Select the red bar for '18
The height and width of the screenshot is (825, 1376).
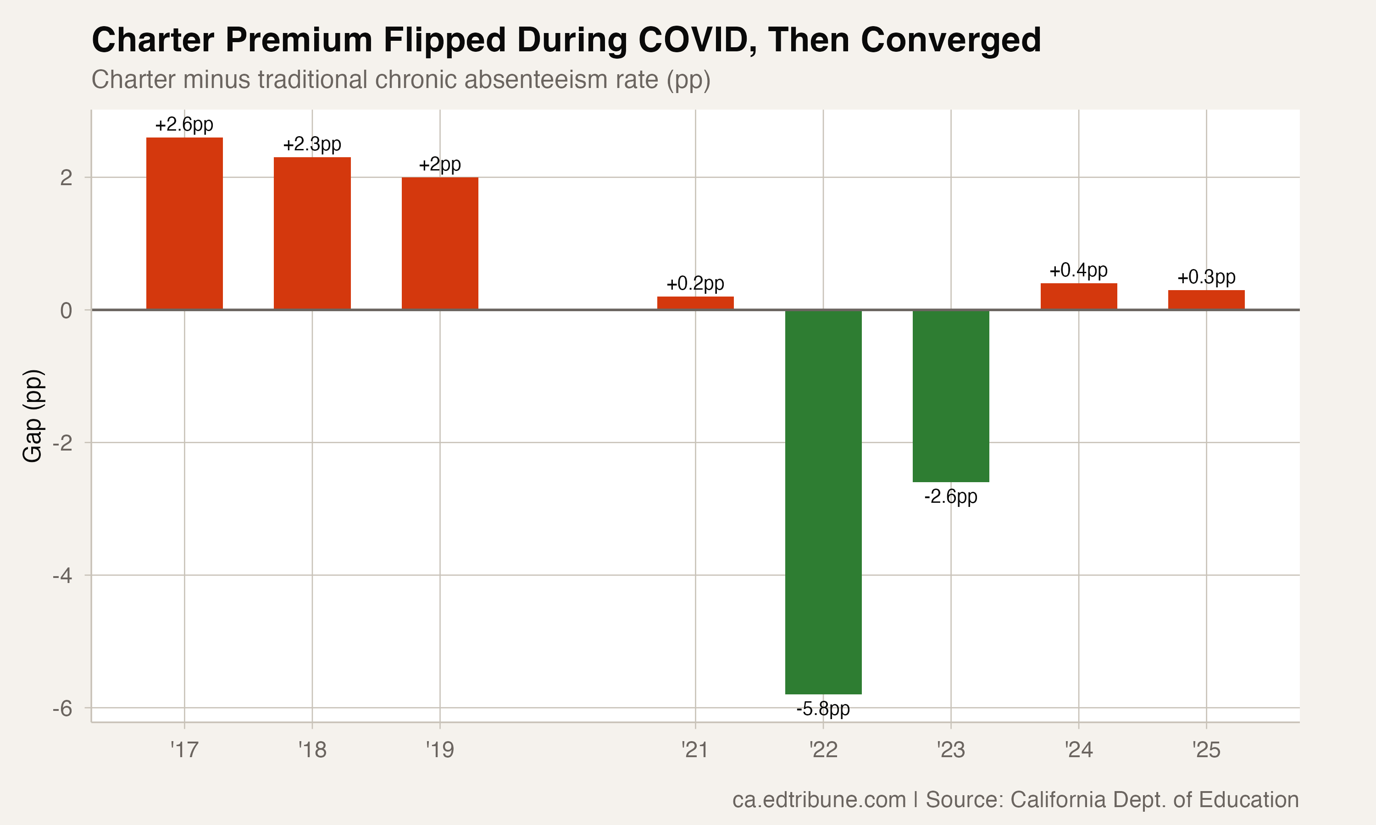point(312,233)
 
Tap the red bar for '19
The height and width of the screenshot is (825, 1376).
point(440,243)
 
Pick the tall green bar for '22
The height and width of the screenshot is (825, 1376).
point(823,501)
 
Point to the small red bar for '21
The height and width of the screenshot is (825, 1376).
point(695,303)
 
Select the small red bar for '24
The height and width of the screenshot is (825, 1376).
point(1078,296)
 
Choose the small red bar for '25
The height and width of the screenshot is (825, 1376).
point(1206,300)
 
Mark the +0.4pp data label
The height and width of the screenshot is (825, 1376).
point(1078,271)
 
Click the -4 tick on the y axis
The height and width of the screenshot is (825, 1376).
point(63,575)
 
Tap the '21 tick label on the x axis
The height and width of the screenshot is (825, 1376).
point(695,750)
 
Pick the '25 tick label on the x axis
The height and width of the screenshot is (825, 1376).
point(1206,750)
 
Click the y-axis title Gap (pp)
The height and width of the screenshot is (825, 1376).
point(32,415)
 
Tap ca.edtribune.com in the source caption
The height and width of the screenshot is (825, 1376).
point(819,799)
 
